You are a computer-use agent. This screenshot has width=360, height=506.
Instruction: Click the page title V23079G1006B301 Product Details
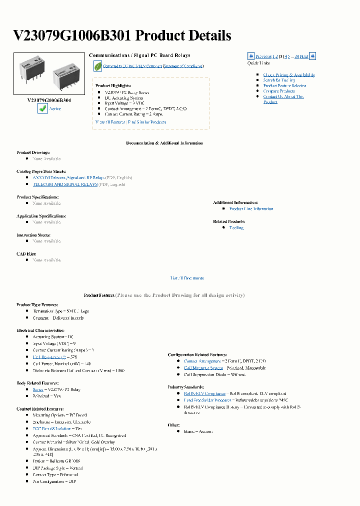pos(121,35)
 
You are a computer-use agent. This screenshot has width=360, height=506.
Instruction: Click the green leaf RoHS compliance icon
pos(97,66)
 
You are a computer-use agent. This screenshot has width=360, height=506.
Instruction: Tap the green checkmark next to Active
pos(42,108)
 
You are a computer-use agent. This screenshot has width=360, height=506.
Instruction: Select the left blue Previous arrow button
pos(251,56)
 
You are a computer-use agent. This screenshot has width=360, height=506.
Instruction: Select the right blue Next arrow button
pos(312,56)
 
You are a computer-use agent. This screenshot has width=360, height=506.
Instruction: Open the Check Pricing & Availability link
pos(289,75)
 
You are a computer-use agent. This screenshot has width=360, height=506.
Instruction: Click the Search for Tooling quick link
pos(279,80)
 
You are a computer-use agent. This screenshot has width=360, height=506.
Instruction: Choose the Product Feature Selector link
pos(284,86)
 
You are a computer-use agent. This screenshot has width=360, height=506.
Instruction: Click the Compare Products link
pos(279,91)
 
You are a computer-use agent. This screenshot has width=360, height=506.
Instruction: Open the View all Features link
pos(110,122)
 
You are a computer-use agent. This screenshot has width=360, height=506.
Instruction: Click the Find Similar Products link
pos(147,122)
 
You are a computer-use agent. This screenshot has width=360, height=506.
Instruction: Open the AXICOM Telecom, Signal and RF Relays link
pos(68,177)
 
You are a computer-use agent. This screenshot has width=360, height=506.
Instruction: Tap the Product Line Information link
pos(251,209)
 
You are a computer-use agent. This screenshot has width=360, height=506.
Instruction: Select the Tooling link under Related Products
pos(236,227)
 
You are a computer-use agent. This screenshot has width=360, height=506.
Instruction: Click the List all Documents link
pos(187,278)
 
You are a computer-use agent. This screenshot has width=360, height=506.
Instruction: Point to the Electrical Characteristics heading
pos(40,330)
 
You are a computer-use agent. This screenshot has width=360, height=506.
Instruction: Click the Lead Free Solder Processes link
pos(207,400)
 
